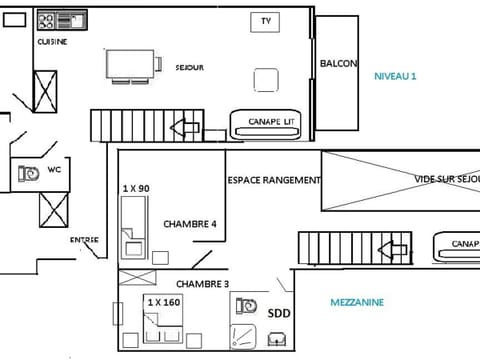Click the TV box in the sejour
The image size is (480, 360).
pyautogui.click(x=265, y=21)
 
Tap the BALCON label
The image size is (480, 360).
pyautogui.click(x=338, y=64)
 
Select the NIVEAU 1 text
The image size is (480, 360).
pyautogui.click(x=394, y=76)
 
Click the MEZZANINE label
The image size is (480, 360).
pyautogui.click(x=357, y=302)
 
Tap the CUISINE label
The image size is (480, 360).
pyautogui.click(x=52, y=42)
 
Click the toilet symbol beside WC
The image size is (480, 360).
pyautogui.click(x=28, y=172)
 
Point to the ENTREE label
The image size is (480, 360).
pyautogui.click(x=84, y=240)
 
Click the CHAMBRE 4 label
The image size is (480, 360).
pyautogui.click(x=190, y=224)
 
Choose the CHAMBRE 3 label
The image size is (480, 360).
pyautogui.click(x=203, y=284)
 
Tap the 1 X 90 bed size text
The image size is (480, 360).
pyautogui.click(x=136, y=188)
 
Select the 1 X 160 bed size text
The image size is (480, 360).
pyautogui.click(x=163, y=301)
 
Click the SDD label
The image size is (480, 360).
pyautogui.click(x=279, y=313)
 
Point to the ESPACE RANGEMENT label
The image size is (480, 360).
pyautogui.click(x=274, y=180)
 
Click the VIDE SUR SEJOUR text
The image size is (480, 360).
pyautogui.click(x=446, y=180)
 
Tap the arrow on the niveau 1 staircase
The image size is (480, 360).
pyautogui.click(x=184, y=127)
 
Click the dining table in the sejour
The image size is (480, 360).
pyautogui.click(x=131, y=64)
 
